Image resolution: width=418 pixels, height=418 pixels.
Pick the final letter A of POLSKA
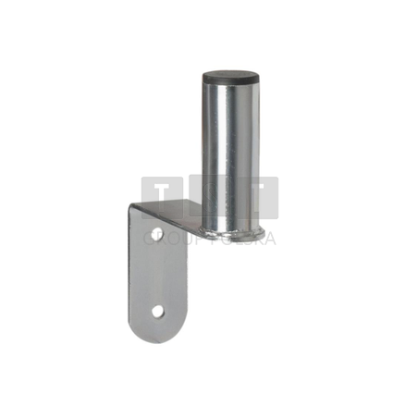tap(269, 238)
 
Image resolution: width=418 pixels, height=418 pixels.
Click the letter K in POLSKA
tap(257, 238)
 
